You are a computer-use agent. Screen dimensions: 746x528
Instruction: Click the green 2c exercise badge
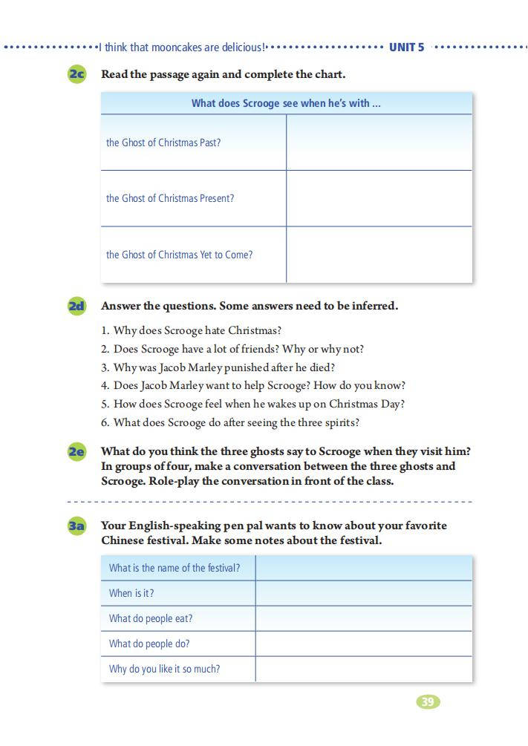tap(76, 74)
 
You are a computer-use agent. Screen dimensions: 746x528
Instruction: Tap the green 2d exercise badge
tap(76, 306)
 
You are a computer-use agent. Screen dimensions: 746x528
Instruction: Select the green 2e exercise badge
tap(76, 451)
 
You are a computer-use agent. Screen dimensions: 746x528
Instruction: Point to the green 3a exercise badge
tap(76, 526)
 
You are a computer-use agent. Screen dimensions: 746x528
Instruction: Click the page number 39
tap(428, 701)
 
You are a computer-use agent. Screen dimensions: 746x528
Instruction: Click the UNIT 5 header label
tap(406, 48)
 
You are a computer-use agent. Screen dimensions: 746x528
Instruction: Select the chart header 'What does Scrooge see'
tap(286, 103)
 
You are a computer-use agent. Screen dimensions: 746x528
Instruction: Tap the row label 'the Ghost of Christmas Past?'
tap(163, 143)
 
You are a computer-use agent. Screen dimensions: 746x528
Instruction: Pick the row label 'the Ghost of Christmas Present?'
tap(170, 198)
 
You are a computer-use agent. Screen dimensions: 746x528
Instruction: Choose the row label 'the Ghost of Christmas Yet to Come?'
tap(179, 255)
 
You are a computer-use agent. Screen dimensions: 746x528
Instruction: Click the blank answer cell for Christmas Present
tap(379, 198)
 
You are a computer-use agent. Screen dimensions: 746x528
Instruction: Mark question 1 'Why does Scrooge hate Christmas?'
tap(191, 330)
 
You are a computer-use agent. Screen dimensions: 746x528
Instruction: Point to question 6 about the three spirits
tap(230, 422)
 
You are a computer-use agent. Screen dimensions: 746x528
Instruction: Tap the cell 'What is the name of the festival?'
tap(175, 568)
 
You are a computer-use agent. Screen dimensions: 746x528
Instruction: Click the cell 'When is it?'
tap(131, 593)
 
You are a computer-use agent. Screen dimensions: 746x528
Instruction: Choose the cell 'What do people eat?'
tap(151, 618)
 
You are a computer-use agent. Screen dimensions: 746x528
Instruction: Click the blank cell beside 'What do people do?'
tap(364, 644)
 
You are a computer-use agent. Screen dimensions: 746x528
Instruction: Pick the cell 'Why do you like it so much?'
tap(164, 669)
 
